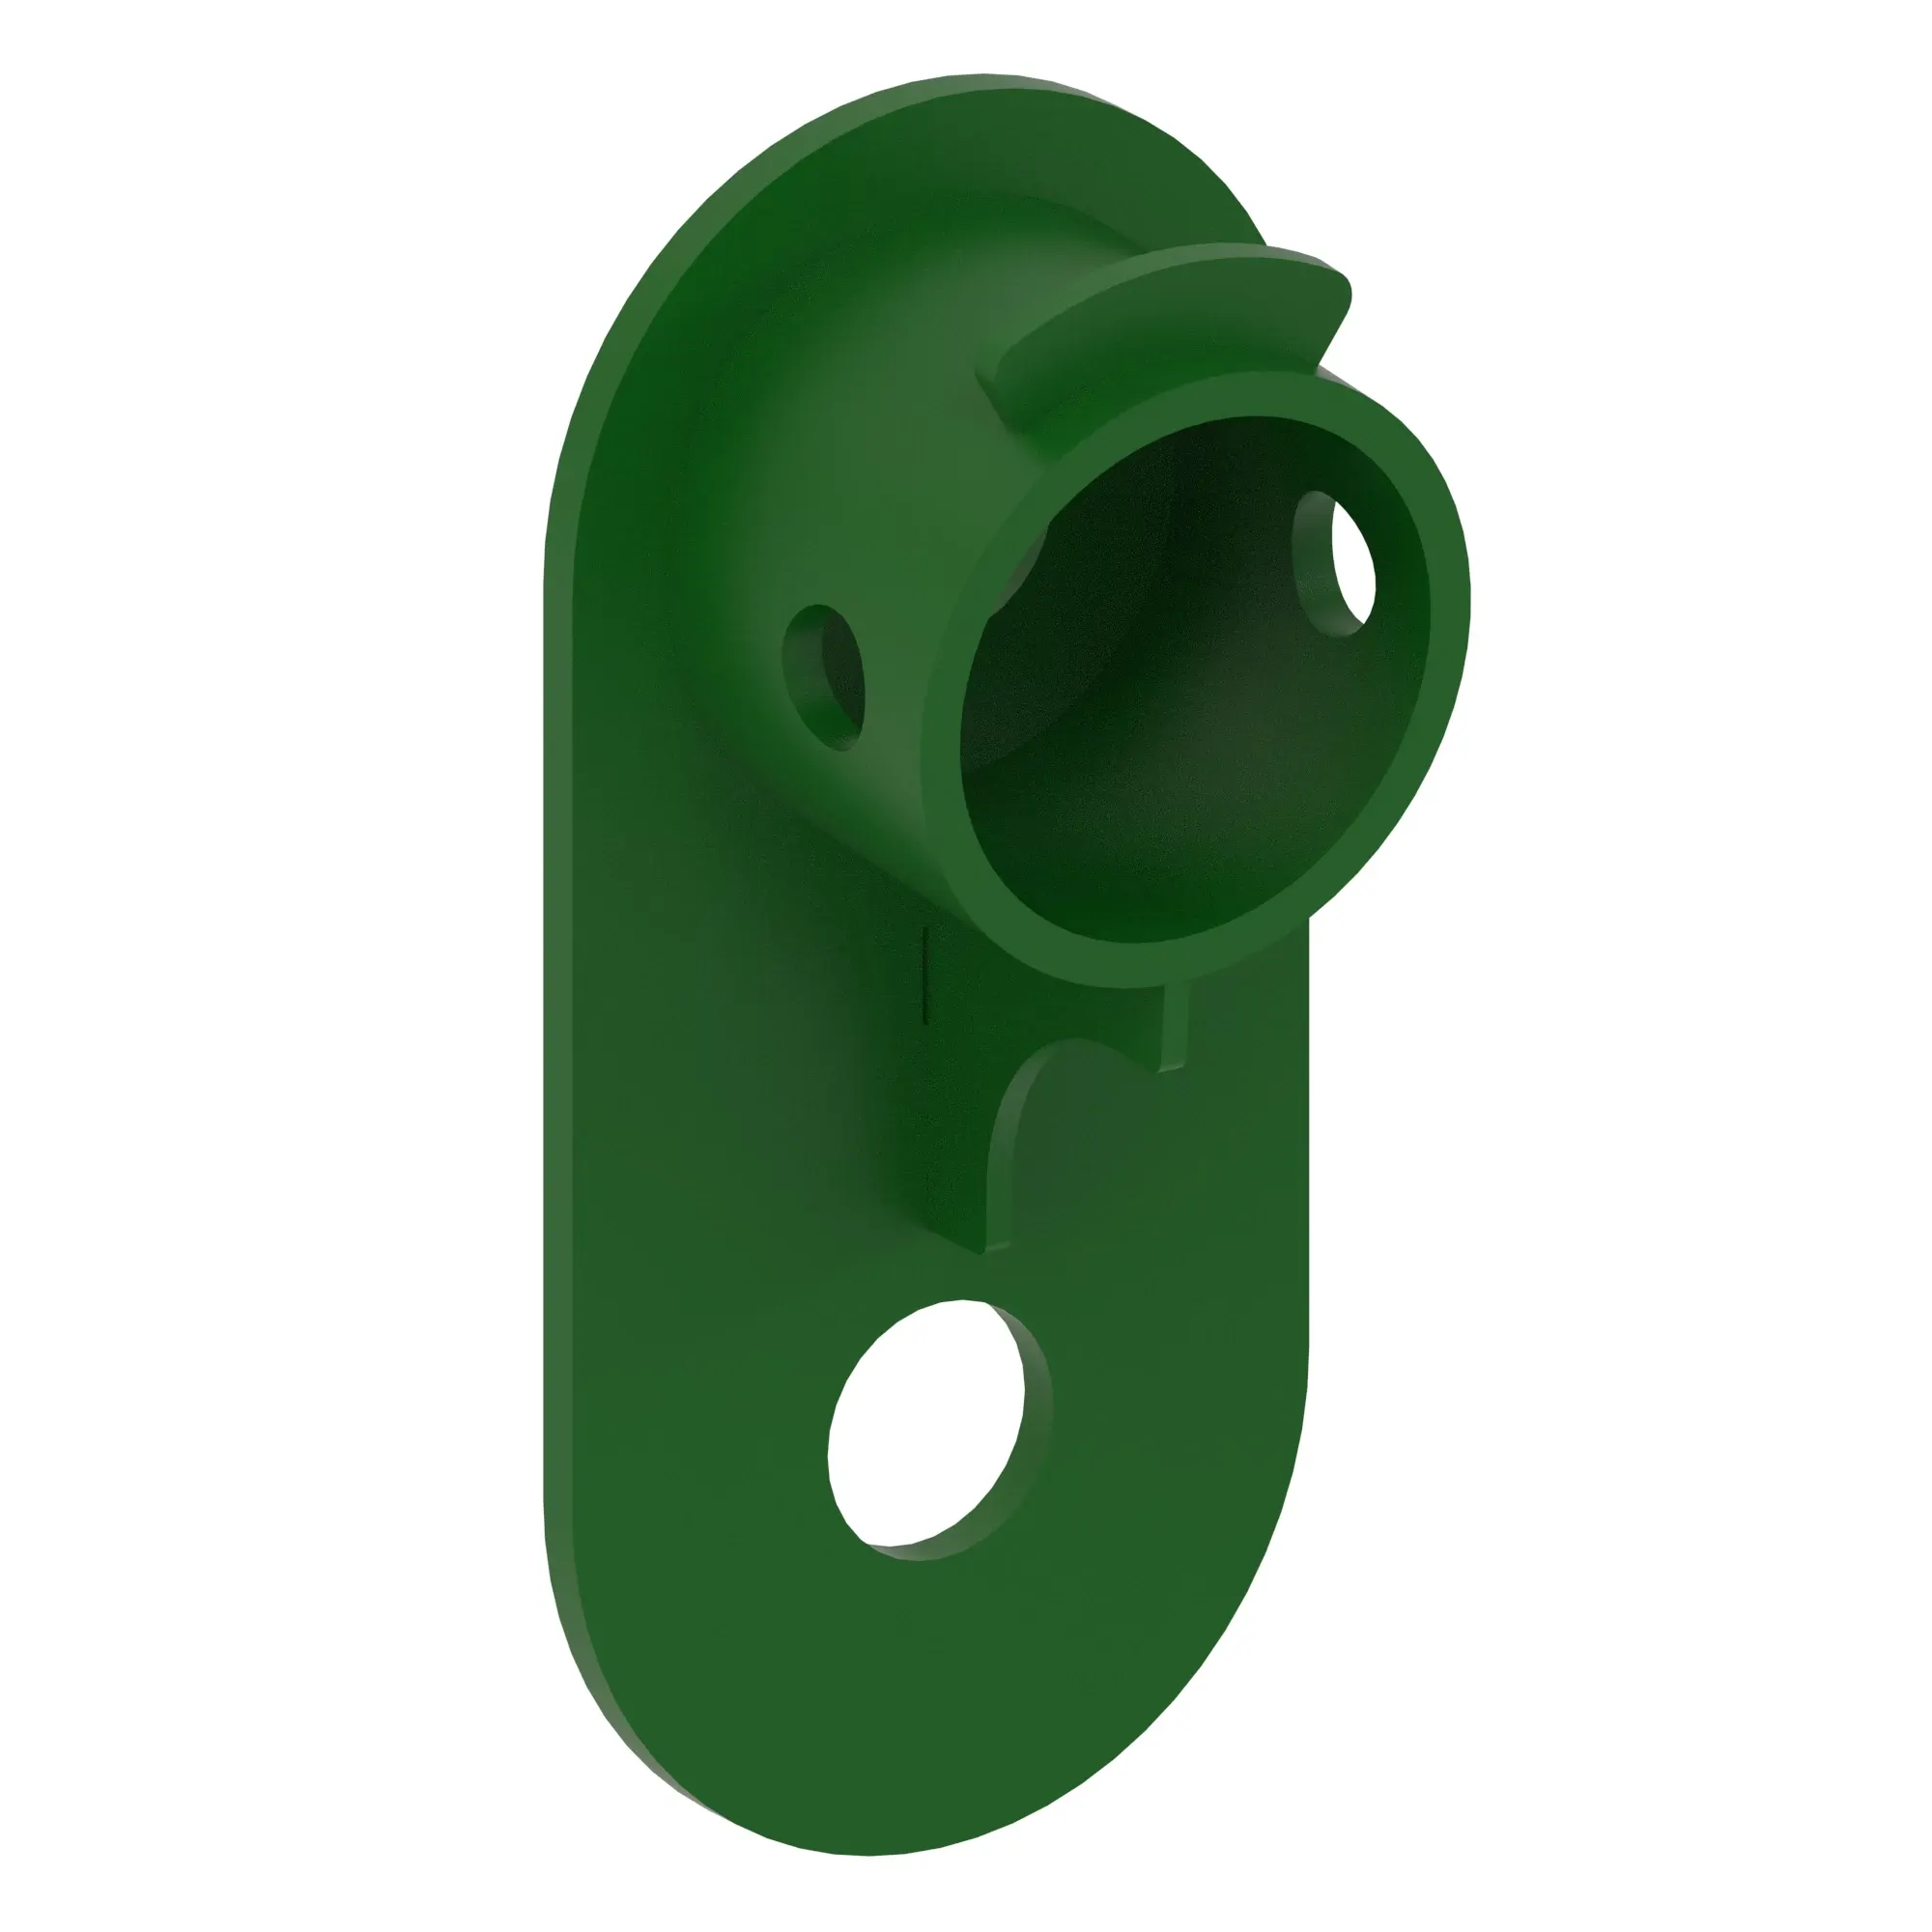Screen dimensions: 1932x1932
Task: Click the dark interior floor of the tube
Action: pos(1150,800)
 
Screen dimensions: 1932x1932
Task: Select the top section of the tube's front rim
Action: pos(1250,395)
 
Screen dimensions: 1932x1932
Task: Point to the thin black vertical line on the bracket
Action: pos(926,975)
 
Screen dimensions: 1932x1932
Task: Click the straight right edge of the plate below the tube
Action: pos(1306,1150)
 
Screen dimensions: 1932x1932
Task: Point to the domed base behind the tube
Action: pos(850,400)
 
